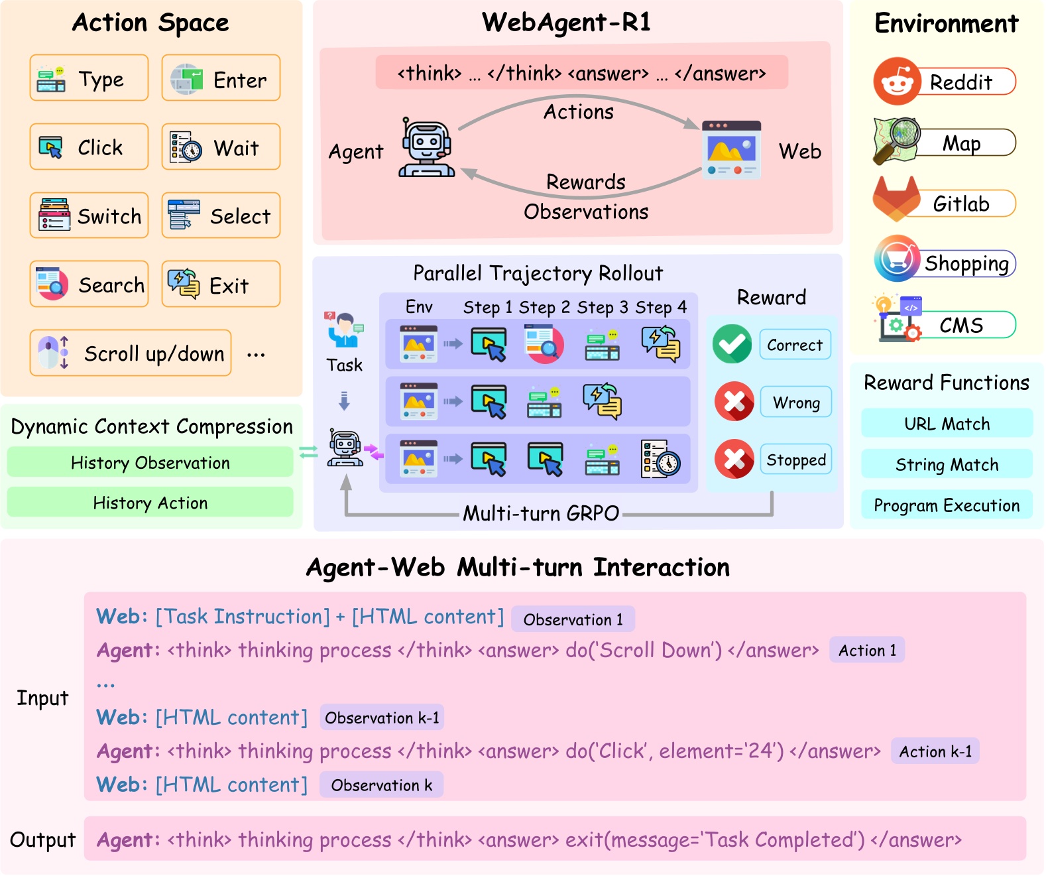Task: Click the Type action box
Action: click(x=89, y=78)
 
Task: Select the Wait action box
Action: click(x=221, y=147)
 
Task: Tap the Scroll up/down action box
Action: click(x=131, y=353)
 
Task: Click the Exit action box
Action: click(x=221, y=284)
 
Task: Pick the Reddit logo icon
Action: click(x=897, y=82)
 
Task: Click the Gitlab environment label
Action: click(x=961, y=204)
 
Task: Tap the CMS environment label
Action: click(x=961, y=325)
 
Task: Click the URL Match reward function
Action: click(x=947, y=424)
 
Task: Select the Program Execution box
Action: click(x=947, y=505)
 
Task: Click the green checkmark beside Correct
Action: click(x=732, y=344)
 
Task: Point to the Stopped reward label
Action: click(x=795, y=460)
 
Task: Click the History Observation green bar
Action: click(x=150, y=463)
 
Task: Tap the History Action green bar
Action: click(x=150, y=503)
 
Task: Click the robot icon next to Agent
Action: click(x=426, y=149)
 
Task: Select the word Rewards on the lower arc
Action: click(x=586, y=182)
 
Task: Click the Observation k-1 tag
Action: click(x=382, y=718)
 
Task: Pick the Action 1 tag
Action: click(x=867, y=651)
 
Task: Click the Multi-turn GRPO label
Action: click(x=541, y=513)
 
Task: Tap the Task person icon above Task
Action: click(x=344, y=330)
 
